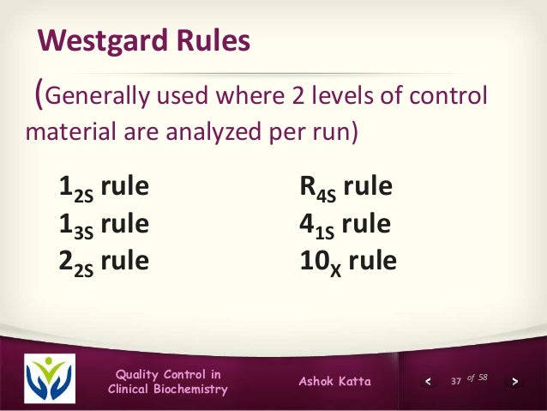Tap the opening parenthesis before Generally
click(36, 97)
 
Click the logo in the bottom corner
click(51, 376)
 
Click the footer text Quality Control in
click(168, 373)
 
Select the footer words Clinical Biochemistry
click(168, 390)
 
